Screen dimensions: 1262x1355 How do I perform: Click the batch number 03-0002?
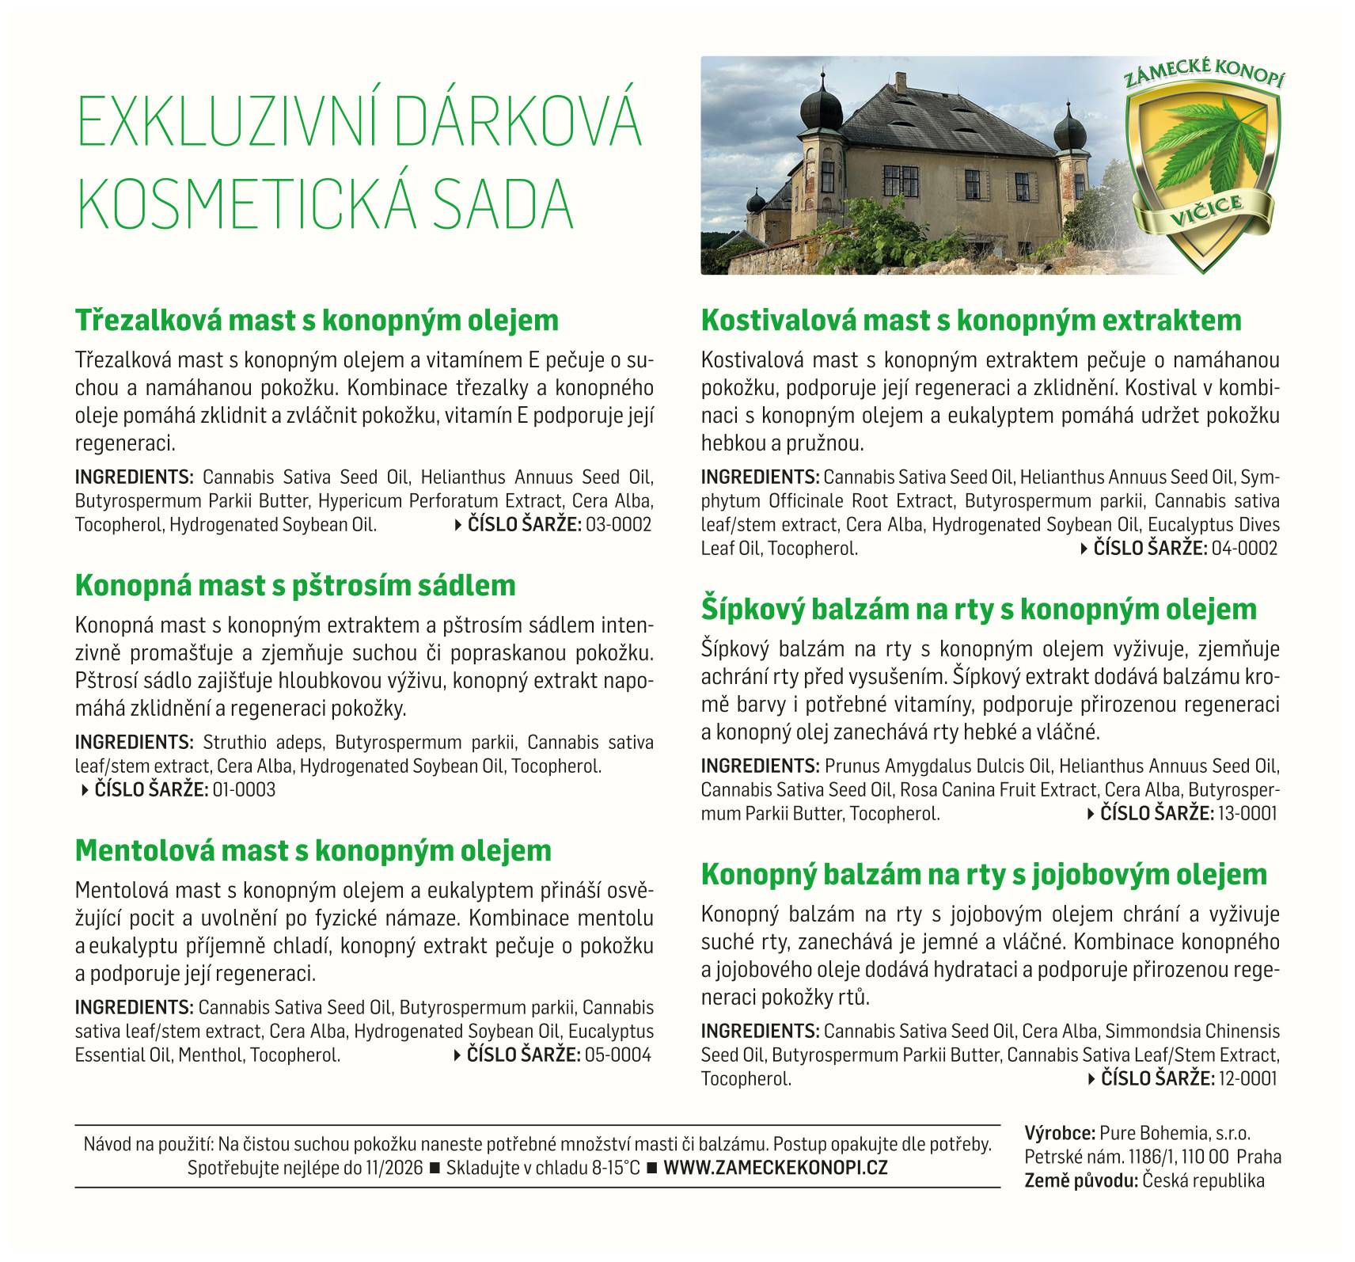click(618, 525)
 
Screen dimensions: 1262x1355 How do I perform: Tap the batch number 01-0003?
click(244, 790)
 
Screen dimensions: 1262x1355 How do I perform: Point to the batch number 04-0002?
click(1244, 549)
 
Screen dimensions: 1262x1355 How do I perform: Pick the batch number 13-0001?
click(1247, 814)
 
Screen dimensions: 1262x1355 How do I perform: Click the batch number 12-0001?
click(1247, 1079)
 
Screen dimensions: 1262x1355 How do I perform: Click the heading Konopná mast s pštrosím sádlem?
click(295, 586)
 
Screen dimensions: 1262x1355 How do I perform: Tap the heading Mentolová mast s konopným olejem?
click(313, 851)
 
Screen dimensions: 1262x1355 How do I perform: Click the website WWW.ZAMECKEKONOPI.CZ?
click(776, 1168)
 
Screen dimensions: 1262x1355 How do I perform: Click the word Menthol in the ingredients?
click(210, 1055)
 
